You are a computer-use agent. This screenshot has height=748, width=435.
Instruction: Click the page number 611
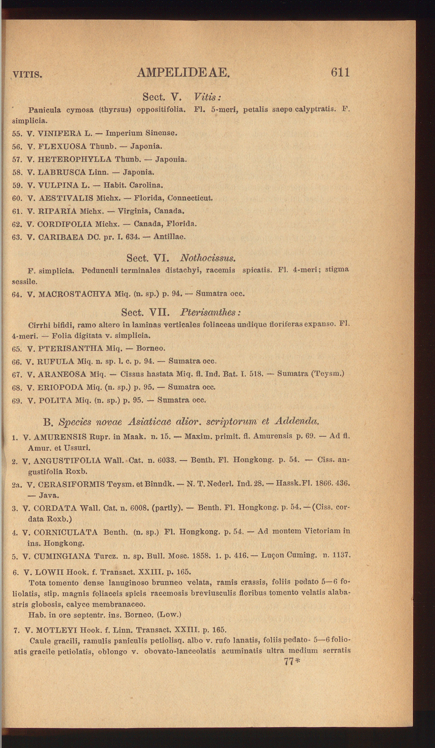[340, 73]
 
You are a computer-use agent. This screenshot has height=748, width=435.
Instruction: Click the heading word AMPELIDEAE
[183, 73]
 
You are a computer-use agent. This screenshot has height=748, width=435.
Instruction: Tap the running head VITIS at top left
[27, 74]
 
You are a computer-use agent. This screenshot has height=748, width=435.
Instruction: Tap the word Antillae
[169, 237]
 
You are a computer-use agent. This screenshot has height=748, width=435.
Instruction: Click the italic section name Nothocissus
[208, 258]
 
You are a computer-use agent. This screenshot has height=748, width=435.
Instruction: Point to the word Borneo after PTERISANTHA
[151, 349]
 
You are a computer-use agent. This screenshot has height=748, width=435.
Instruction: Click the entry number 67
[16, 375]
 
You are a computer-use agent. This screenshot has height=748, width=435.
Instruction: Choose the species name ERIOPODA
[60, 387]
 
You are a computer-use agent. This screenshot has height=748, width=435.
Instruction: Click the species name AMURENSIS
[60, 436]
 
